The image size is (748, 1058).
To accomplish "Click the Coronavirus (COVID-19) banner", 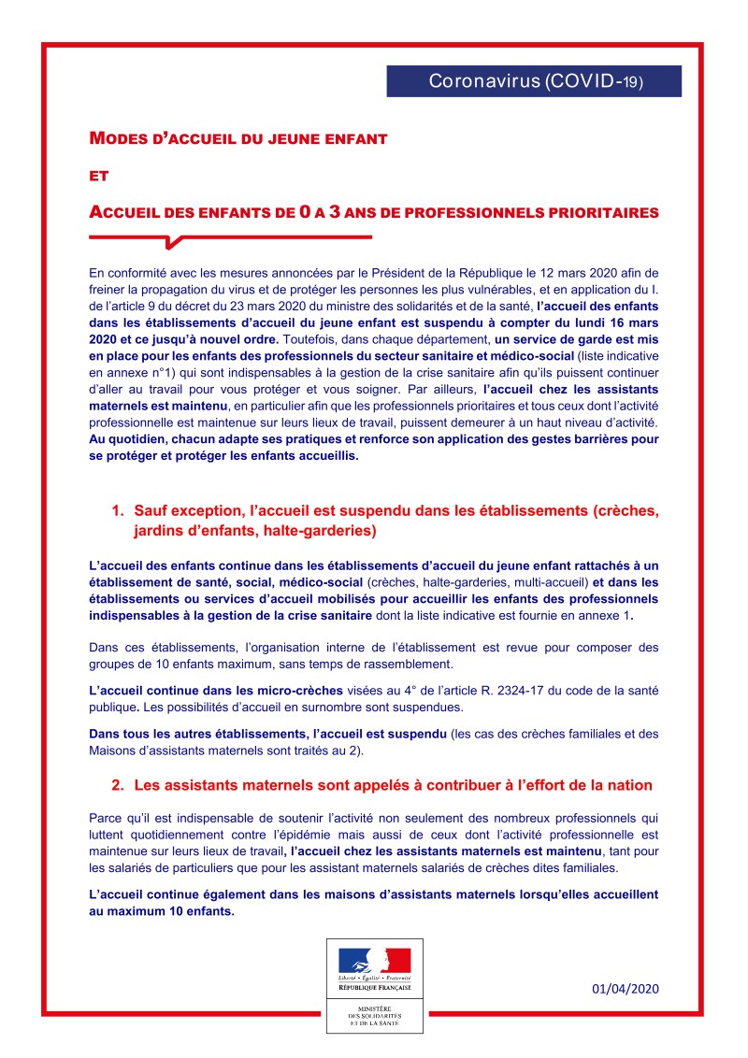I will (x=534, y=81).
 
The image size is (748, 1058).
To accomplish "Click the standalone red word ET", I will (x=99, y=175).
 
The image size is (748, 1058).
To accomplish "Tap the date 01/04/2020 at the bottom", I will (x=626, y=989).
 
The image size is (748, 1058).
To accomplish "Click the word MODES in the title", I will (x=113, y=138).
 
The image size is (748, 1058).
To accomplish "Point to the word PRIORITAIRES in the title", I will (x=604, y=212).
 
